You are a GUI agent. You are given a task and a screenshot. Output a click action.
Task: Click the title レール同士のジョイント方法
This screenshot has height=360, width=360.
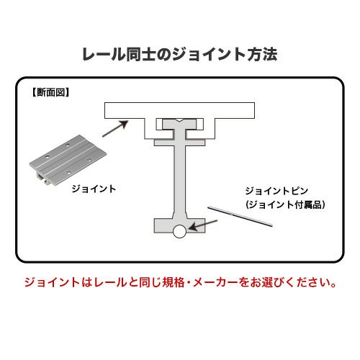pyautogui.click(x=180, y=54)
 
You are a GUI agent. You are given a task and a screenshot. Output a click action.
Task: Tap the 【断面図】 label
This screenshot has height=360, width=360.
pyautogui.click(x=50, y=92)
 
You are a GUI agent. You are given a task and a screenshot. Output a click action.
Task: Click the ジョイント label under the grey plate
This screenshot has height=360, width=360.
pyautogui.click(x=94, y=189)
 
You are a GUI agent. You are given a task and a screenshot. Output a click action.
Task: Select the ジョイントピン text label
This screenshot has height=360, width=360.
pyautogui.click(x=276, y=191)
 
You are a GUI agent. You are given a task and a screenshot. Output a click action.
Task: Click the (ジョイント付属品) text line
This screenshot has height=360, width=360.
pyautogui.click(x=285, y=204)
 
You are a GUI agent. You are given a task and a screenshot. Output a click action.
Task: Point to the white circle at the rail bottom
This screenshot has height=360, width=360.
pyautogui.click(x=179, y=231)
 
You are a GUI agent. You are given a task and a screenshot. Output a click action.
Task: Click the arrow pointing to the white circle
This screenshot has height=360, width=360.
pyautogui.click(x=203, y=225)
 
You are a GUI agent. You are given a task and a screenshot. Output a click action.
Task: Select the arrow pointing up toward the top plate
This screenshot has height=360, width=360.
pyautogui.click(x=115, y=129)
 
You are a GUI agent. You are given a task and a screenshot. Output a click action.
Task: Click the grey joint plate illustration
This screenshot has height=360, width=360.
pyautogui.click(x=68, y=161)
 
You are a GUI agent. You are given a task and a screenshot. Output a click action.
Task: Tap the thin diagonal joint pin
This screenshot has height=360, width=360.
pyautogui.click(x=240, y=216)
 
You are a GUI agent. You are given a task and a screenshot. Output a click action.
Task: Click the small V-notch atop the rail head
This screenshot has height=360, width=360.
pyautogui.click(x=179, y=120)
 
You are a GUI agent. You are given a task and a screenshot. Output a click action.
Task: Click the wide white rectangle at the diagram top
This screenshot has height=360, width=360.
pyautogui.click(x=179, y=110)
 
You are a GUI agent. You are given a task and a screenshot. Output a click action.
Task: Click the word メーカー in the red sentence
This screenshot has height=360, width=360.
pyautogui.click(x=215, y=282)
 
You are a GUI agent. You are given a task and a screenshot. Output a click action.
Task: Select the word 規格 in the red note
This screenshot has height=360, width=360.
pyautogui.click(x=174, y=282)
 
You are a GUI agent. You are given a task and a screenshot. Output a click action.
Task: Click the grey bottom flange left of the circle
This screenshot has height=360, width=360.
pyautogui.click(x=163, y=225)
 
